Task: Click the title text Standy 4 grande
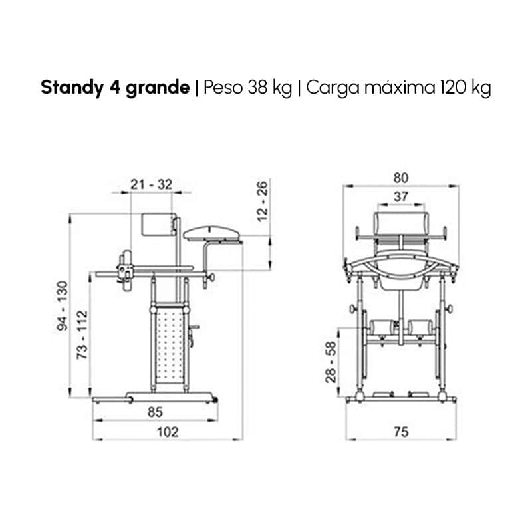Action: pyautogui.click(x=115, y=88)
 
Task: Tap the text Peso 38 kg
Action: pyautogui.click(x=247, y=88)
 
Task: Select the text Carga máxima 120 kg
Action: pyautogui.click(x=398, y=88)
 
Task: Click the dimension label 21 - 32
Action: pyautogui.click(x=152, y=185)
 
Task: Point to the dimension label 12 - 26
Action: pyautogui.click(x=263, y=201)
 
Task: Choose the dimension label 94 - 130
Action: pyautogui.click(x=63, y=305)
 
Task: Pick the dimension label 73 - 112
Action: pyautogui.click(x=82, y=335)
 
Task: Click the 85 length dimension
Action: pyautogui.click(x=155, y=412)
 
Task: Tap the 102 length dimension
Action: pyautogui.click(x=168, y=432)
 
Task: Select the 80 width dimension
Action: pyautogui.click(x=401, y=178)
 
